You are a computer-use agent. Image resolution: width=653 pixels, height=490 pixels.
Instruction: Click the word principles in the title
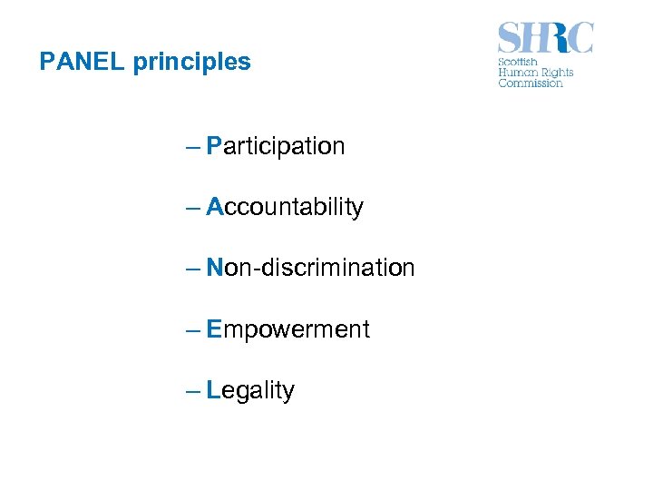click(191, 63)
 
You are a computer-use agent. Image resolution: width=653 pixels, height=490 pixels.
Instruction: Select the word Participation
click(276, 146)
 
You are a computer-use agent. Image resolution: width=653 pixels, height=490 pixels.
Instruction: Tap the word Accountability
click(285, 208)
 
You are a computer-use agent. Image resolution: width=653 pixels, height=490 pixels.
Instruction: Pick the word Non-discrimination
click(310, 268)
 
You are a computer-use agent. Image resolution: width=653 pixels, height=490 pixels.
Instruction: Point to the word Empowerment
click(288, 329)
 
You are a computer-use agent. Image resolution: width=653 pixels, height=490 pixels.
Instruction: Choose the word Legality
click(250, 391)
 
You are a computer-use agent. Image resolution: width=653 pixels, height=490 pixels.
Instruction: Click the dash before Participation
click(192, 146)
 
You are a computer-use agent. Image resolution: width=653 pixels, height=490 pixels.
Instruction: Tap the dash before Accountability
click(192, 207)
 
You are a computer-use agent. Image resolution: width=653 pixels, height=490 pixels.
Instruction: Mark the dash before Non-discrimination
click(192, 268)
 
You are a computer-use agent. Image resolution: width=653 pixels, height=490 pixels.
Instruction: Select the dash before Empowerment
click(192, 329)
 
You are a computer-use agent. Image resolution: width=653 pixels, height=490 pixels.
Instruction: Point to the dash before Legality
click(192, 390)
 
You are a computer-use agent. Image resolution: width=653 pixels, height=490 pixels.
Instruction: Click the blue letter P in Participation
click(214, 146)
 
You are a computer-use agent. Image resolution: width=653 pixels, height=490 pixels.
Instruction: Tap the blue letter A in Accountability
click(215, 207)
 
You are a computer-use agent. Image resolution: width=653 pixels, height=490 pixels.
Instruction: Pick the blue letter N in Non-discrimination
click(215, 268)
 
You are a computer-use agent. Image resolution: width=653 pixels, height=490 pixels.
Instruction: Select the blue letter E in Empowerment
click(214, 329)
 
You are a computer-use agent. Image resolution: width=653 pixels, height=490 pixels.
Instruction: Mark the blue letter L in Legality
click(213, 390)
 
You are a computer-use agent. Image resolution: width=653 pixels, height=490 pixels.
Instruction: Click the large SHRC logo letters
click(545, 39)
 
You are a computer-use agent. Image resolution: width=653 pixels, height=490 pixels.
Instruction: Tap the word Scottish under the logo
click(518, 63)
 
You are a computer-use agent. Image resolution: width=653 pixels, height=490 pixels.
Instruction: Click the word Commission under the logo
click(531, 83)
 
